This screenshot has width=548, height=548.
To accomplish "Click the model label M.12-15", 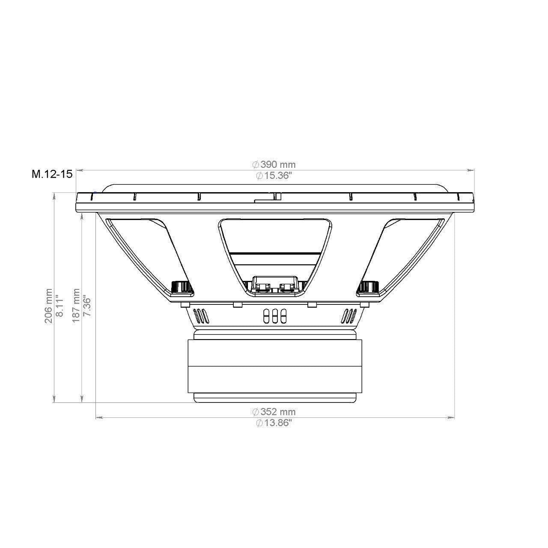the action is [52, 174].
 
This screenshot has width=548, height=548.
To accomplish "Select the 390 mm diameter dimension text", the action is [274, 164].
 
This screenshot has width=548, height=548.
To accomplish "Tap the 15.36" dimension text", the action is [274, 176].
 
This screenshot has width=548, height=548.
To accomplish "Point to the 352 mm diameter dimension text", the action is [274, 411].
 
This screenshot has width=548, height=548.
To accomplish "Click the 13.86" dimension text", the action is [274, 423].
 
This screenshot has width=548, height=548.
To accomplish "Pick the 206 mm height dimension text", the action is [49, 306].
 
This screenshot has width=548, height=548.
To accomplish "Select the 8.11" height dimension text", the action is [60, 306].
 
